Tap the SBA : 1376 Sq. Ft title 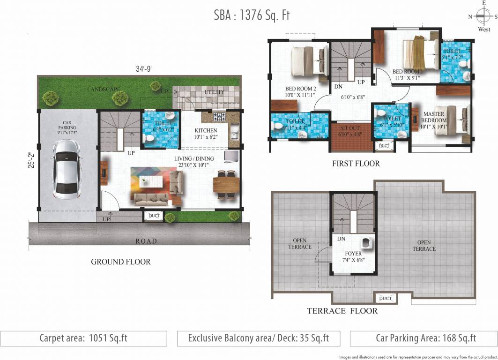click(252, 15)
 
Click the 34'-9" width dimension click(144, 69)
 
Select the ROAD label click(146, 241)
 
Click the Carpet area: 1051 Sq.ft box click(83, 338)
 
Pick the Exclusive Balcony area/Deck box click(259, 338)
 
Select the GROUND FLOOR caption click(121, 262)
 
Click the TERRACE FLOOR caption click(342, 311)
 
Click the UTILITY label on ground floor click(214, 92)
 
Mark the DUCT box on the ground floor click(154, 216)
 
